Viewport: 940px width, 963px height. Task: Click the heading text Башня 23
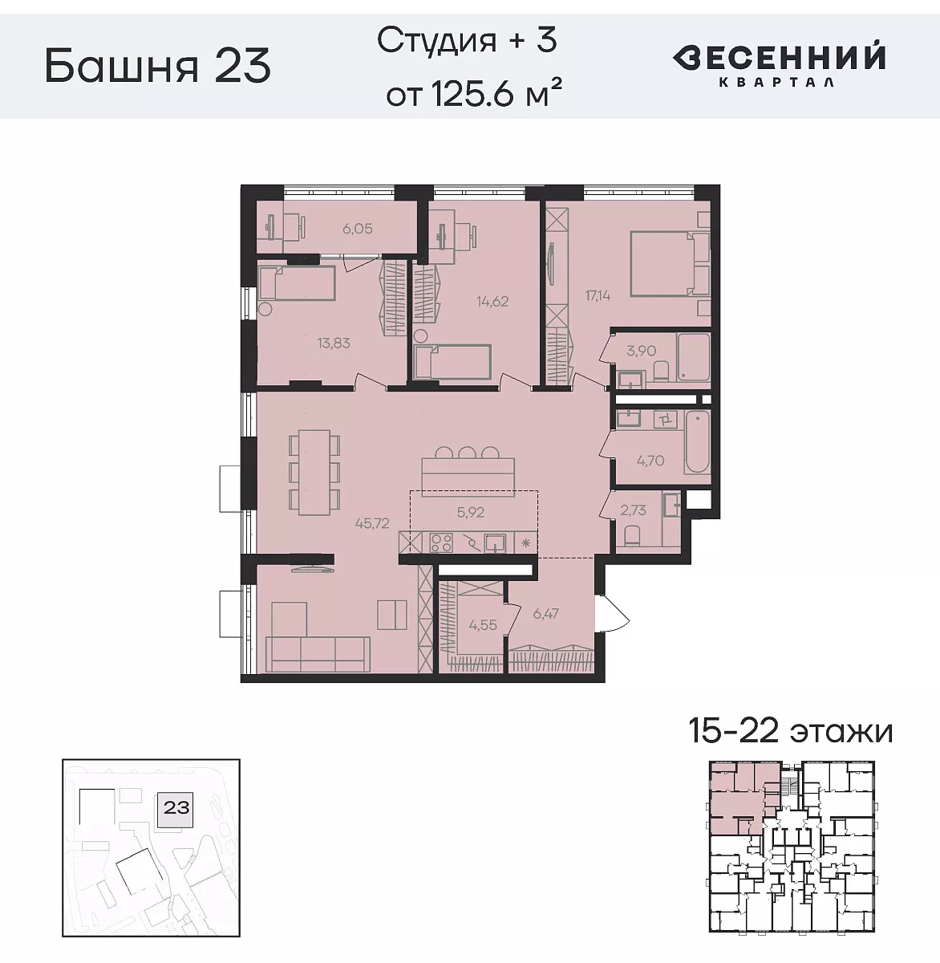click(x=157, y=66)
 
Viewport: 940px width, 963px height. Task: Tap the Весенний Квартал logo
click(x=779, y=64)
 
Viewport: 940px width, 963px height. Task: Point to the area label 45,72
click(x=373, y=523)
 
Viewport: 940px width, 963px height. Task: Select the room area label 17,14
click(x=598, y=295)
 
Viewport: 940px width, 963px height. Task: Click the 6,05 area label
click(x=358, y=229)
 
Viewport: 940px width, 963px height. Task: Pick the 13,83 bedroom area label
click(x=334, y=343)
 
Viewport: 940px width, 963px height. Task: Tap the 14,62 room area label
click(x=492, y=302)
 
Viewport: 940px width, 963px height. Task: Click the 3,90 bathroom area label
click(x=641, y=351)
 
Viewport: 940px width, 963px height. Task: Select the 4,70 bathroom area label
click(x=650, y=461)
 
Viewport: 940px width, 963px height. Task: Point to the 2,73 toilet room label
click(x=634, y=510)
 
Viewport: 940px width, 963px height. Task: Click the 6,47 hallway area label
click(x=545, y=614)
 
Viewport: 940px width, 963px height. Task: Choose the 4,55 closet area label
click(x=483, y=625)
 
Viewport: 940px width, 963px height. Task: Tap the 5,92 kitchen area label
click(x=471, y=512)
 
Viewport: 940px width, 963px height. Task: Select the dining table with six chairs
click(x=314, y=472)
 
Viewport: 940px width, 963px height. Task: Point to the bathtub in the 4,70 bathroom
click(x=696, y=442)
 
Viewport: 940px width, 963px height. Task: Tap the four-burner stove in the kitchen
click(x=441, y=543)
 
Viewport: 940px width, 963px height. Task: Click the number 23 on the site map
click(x=176, y=807)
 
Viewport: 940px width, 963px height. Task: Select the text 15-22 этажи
click(x=790, y=731)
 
